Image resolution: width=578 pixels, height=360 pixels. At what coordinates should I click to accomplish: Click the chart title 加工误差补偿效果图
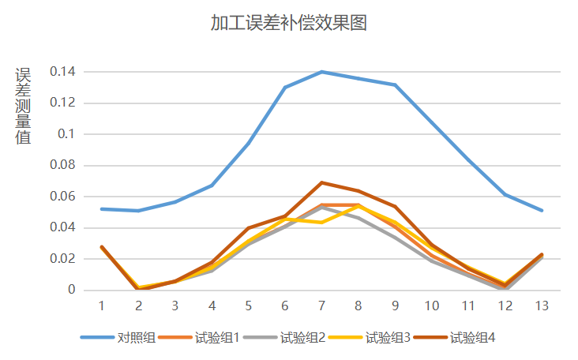tap(289, 23)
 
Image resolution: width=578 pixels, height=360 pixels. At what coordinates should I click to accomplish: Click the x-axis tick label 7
tap(321, 305)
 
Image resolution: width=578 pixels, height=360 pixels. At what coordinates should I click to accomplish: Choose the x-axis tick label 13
tap(542, 305)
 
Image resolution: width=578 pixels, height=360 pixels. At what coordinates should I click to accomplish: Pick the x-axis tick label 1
tap(102, 305)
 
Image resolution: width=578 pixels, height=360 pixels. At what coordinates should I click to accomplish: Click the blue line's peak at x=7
tap(321, 72)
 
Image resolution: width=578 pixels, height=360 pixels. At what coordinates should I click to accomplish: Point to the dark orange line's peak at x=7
tap(321, 182)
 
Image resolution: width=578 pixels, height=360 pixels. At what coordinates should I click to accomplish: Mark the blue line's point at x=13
tap(542, 211)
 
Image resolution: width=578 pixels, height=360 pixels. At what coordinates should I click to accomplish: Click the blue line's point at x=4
tap(212, 186)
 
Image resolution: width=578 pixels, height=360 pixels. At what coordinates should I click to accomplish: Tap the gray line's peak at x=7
tap(321, 207)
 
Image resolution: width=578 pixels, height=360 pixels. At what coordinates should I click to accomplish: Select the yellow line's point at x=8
tap(358, 205)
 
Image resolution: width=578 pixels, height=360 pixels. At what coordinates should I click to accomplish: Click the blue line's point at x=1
tap(102, 209)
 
